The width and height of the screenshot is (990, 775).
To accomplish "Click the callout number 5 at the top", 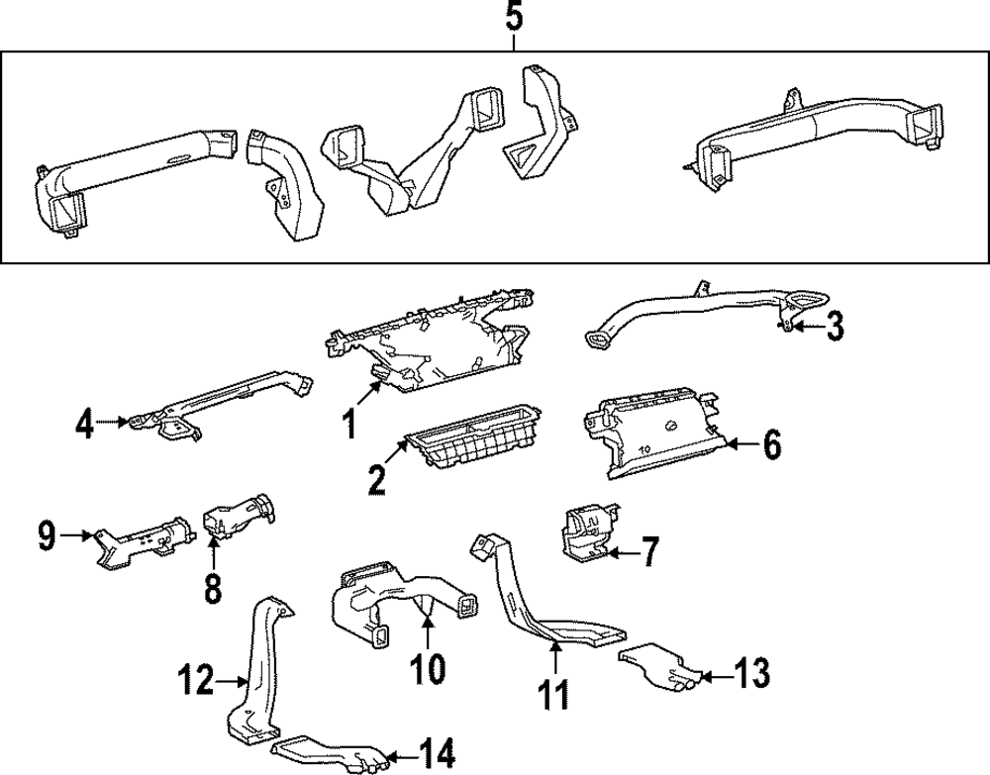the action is pyautogui.click(x=515, y=17).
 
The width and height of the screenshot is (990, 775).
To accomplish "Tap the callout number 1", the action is pyautogui.click(x=349, y=423).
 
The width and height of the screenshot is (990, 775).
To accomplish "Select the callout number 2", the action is pyautogui.click(x=376, y=480).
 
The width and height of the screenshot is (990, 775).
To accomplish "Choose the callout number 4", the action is pyautogui.click(x=84, y=423).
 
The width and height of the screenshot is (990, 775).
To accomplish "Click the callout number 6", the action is pyautogui.click(x=771, y=444).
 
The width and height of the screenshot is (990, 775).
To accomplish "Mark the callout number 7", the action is pyautogui.click(x=650, y=551).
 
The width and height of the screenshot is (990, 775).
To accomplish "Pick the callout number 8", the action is pyautogui.click(x=213, y=589).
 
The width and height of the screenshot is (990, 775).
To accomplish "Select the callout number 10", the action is pyautogui.click(x=428, y=668).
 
